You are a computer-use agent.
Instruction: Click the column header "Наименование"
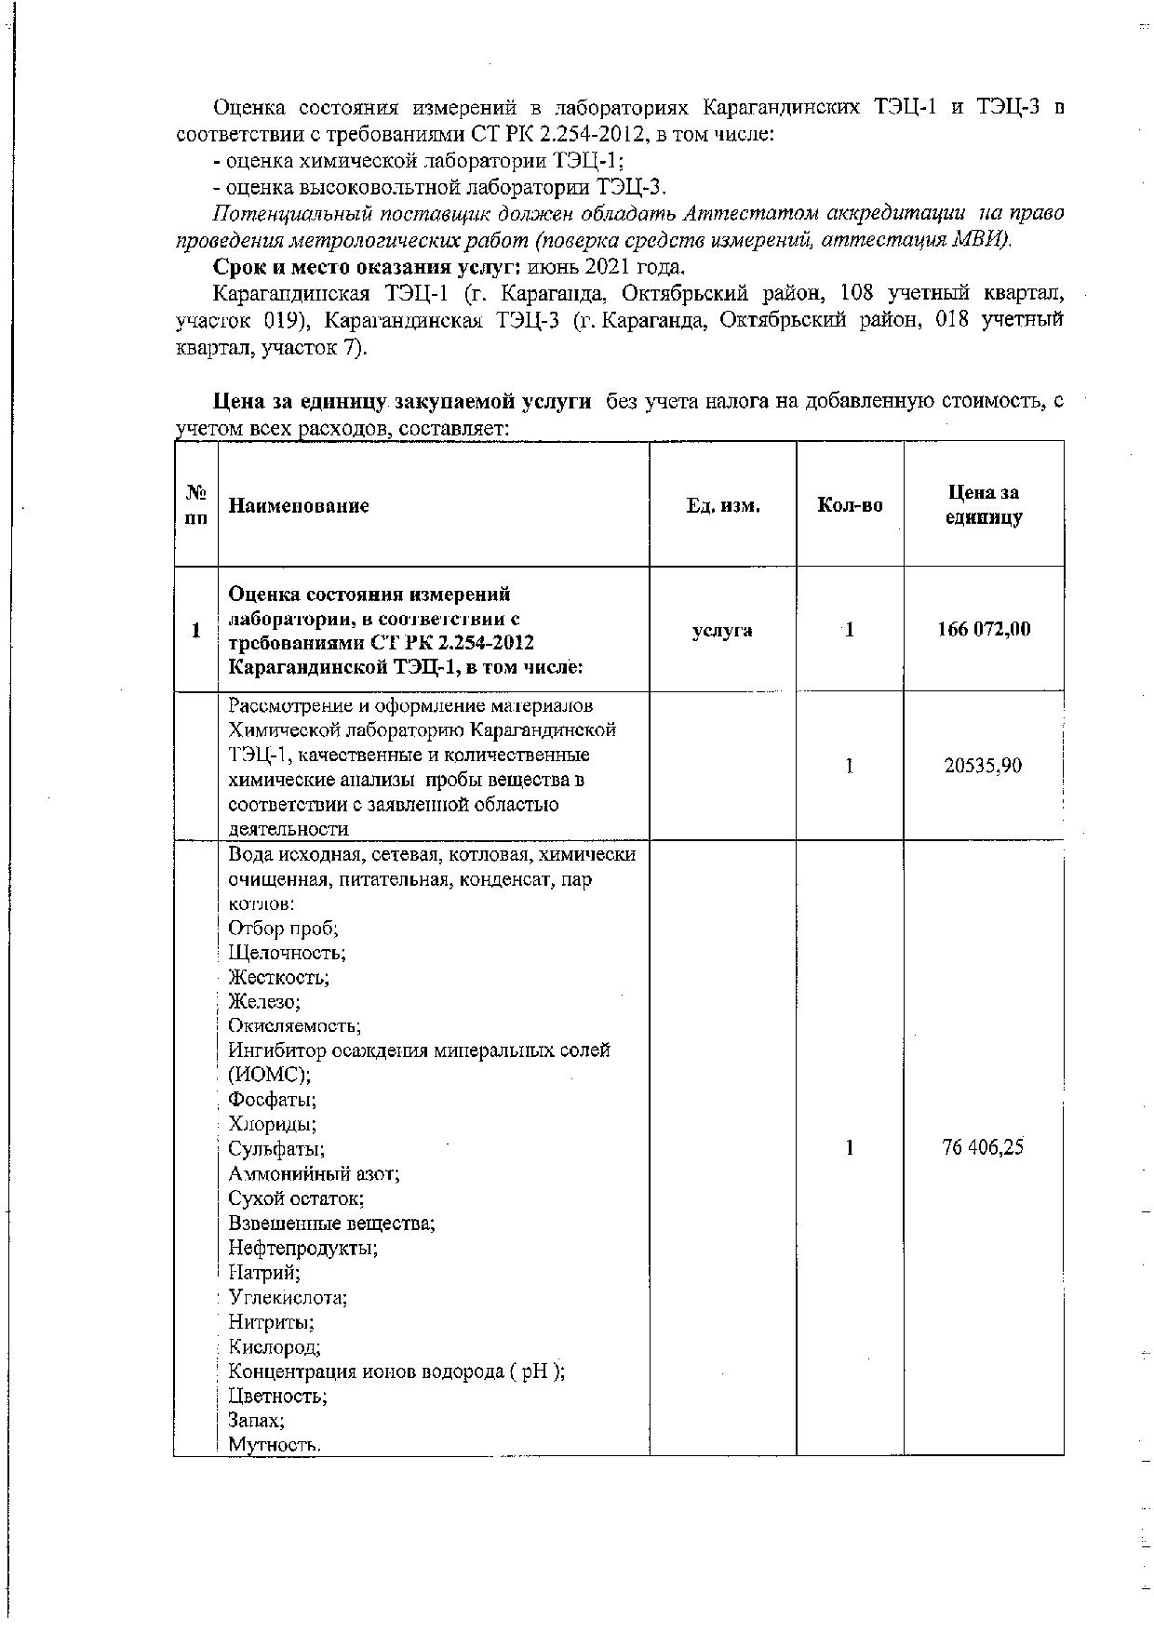[299, 506]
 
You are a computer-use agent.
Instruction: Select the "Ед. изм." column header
[722, 506]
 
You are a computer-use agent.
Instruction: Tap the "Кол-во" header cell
[850, 506]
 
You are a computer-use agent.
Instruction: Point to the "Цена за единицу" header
[983, 505]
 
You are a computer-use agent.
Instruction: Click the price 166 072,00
[983, 630]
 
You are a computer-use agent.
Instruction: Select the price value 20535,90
[983, 766]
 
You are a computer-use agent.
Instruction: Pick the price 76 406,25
[983, 1147]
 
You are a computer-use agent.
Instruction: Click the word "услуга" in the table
[722, 630]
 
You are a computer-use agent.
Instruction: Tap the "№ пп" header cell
[195, 505]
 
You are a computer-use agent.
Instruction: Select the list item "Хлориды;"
[273, 1123]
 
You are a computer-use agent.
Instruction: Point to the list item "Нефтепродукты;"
[303, 1247]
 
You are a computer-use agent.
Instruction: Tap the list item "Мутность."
[275, 1445]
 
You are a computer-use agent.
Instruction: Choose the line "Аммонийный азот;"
[314, 1173]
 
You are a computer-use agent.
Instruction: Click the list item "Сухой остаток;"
[296, 1198]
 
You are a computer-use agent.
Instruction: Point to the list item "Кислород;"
[275, 1346]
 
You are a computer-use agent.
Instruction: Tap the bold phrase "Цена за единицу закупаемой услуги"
[402, 402]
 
